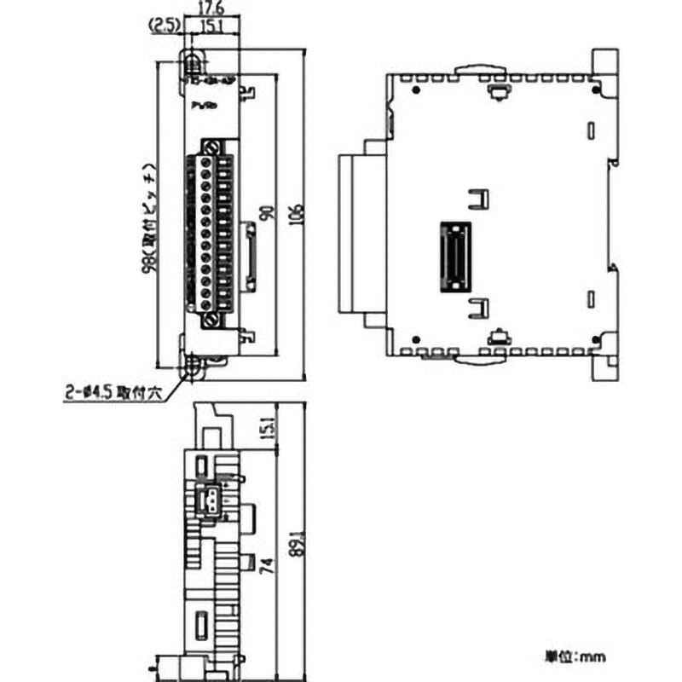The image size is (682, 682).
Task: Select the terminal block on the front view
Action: pyautogui.click(x=210, y=230)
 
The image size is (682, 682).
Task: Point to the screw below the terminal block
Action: pyautogui.click(x=212, y=321)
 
